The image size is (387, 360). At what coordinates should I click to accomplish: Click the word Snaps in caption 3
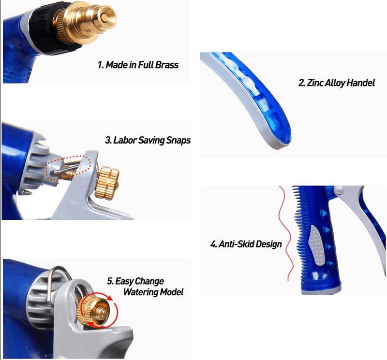click(178, 140)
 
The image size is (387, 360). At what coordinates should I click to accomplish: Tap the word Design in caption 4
click(268, 245)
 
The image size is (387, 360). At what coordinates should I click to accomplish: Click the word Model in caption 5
click(172, 292)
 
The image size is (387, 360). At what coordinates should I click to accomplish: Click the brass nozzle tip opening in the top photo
click(105, 17)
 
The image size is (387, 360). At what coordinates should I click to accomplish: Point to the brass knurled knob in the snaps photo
click(108, 183)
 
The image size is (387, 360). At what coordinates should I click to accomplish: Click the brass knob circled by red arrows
click(94, 311)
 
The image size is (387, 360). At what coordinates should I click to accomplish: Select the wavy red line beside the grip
click(287, 234)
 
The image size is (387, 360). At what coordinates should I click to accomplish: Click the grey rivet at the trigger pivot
click(338, 190)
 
